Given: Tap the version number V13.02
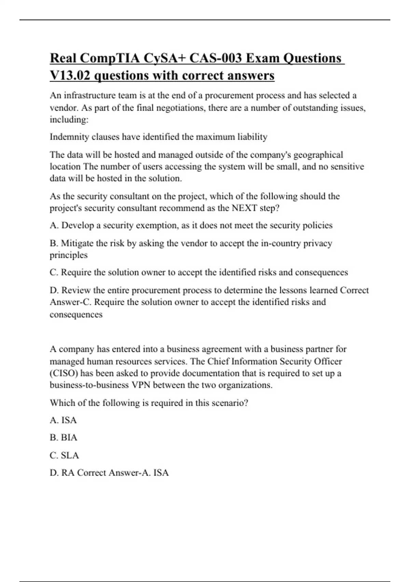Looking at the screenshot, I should click(x=70, y=75).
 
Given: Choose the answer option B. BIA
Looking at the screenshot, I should click(x=64, y=438).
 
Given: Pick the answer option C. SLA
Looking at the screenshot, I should click(x=64, y=455).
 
